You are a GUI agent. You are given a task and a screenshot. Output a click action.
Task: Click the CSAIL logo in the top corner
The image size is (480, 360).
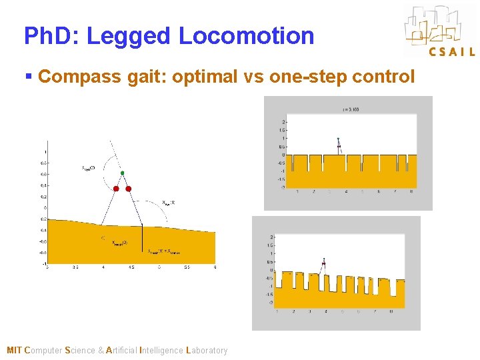coord(439,31)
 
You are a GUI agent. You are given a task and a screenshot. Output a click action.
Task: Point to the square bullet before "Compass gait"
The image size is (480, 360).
coord(28,77)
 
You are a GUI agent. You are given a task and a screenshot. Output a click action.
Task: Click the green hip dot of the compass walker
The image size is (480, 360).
coord(122,173)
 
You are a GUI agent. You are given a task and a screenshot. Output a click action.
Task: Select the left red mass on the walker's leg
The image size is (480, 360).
coord(116,189)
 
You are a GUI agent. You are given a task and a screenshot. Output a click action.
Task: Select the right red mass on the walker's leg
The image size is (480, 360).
coord(129,189)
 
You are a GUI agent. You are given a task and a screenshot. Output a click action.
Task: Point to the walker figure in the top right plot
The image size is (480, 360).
coord(339,145)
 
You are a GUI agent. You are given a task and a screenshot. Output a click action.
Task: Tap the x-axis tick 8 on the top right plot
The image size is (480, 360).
coord(411,191)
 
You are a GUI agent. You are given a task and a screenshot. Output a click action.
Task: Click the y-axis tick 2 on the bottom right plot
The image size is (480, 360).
coord(271,237)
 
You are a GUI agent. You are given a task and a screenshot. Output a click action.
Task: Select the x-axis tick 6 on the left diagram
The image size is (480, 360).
coord(215,267)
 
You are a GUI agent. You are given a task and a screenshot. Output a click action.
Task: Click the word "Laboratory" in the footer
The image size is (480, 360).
coord(207,351)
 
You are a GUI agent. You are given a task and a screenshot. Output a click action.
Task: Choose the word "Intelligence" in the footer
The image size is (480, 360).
coord(161,351)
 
